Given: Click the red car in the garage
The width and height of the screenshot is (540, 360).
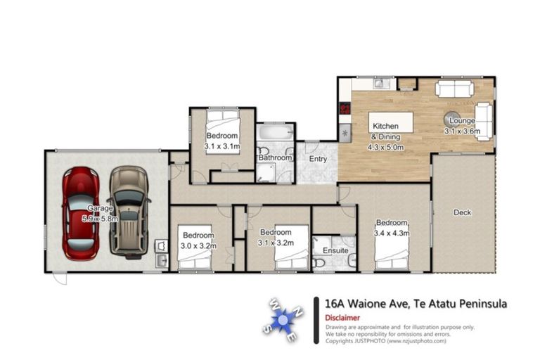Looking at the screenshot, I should [x=79, y=212].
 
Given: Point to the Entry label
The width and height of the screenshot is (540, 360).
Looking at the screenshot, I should [x=319, y=159].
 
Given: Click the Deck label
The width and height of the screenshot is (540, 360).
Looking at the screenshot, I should [x=462, y=212].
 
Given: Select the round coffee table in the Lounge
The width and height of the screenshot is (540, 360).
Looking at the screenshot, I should [x=451, y=119].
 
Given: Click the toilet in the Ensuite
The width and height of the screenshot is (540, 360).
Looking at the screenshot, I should [x=320, y=262].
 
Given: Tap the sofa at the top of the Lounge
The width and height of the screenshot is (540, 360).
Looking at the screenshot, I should [x=454, y=89].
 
